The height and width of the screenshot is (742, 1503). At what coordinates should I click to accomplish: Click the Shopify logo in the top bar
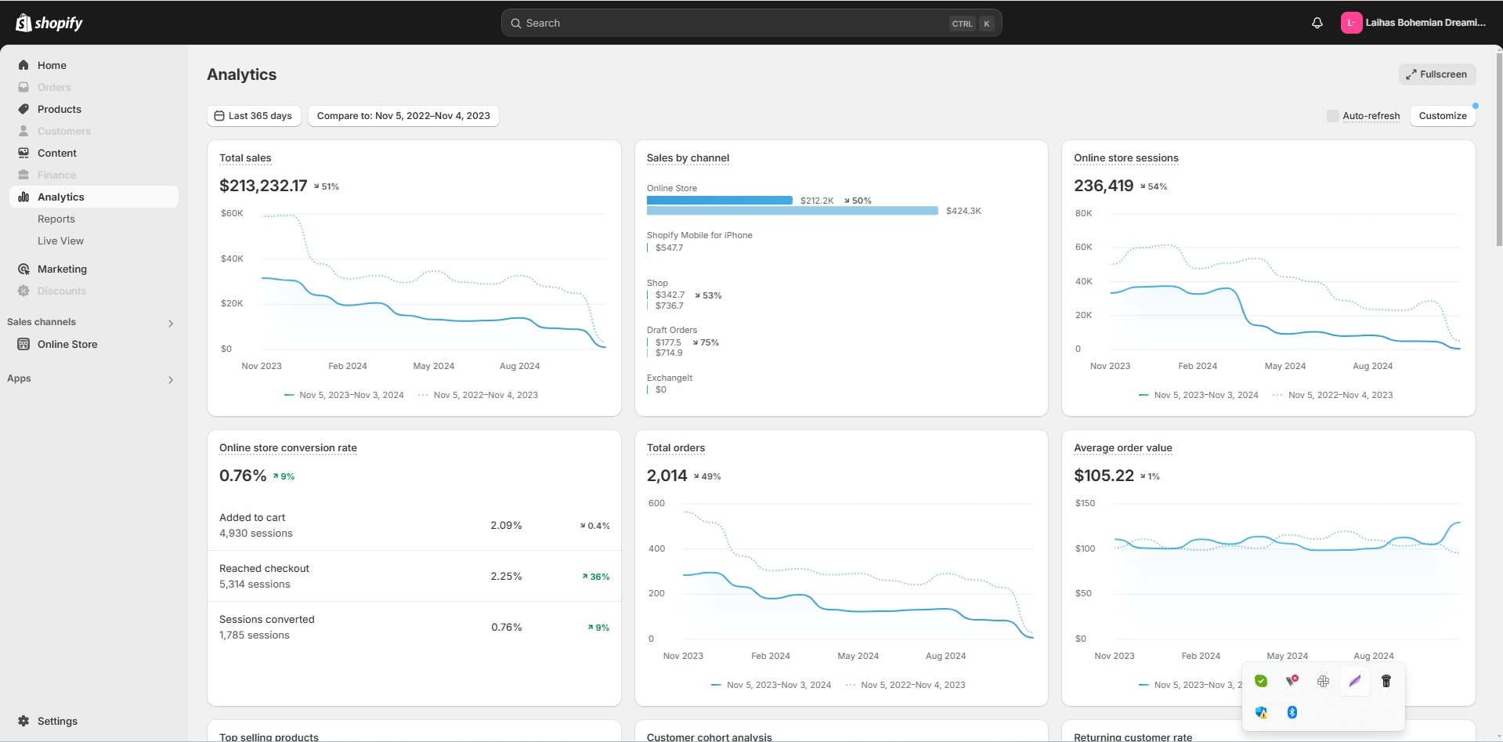click(49, 23)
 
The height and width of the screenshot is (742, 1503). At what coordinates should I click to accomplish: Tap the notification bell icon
click(1317, 23)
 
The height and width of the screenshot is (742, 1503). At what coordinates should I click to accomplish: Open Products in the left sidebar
click(60, 109)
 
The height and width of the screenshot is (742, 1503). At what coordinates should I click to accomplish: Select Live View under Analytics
click(60, 241)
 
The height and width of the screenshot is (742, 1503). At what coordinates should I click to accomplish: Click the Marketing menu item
click(62, 269)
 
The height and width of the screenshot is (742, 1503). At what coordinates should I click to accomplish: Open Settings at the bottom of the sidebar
click(57, 721)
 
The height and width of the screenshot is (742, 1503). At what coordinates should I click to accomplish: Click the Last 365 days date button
click(254, 116)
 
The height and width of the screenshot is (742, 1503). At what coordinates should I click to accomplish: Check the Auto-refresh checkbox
click(1332, 116)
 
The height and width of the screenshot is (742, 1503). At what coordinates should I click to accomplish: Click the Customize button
click(1442, 116)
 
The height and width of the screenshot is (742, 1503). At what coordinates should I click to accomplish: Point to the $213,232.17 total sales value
click(263, 186)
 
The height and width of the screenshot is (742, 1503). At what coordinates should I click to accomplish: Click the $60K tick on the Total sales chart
click(232, 213)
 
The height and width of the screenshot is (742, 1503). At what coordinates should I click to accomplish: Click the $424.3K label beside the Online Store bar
click(963, 211)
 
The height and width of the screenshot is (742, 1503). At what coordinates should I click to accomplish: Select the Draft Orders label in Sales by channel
click(671, 330)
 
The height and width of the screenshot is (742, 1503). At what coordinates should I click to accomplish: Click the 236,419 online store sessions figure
click(1104, 186)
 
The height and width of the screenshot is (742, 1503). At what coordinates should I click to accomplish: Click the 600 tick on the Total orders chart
click(656, 503)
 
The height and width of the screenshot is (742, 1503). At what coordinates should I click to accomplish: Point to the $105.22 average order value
click(1104, 476)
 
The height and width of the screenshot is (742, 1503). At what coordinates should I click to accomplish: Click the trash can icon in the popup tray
click(1386, 681)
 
